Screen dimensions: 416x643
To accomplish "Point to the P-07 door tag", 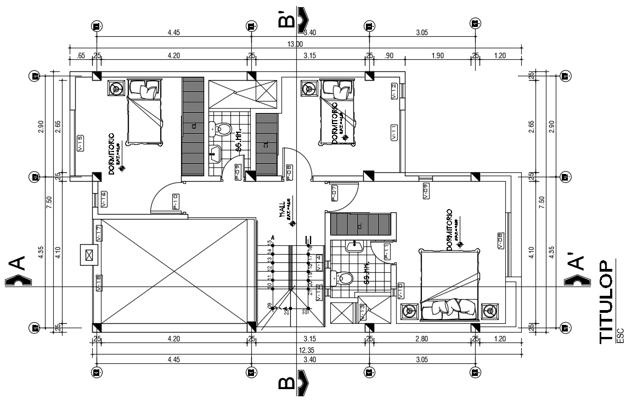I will point(334,193).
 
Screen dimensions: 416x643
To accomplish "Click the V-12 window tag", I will point(394,91).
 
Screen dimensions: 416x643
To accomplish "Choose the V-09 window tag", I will point(426,190).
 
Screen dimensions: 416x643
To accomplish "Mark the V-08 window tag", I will point(500,240).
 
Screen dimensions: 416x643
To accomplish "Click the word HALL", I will point(283,210).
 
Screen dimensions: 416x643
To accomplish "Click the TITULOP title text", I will point(606,301).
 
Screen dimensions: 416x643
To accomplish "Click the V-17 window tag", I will point(99,233).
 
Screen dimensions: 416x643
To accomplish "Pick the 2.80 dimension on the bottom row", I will point(421,339).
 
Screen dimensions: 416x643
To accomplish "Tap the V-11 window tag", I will point(394,133).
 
